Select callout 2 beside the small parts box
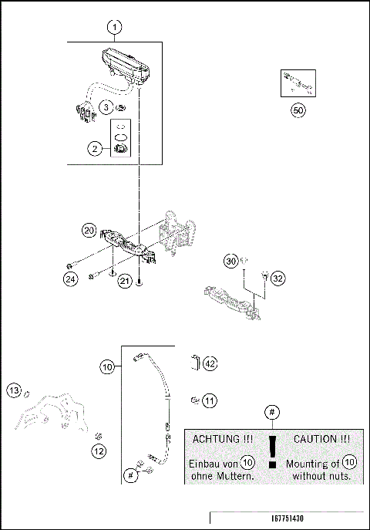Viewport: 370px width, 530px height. (x=96, y=149)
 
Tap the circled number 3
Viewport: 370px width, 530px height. (x=107, y=106)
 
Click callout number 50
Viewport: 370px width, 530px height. (x=298, y=110)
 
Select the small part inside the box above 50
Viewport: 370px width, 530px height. (x=298, y=81)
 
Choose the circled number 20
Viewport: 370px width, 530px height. (x=89, y=231)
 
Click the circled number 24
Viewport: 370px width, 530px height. (x=71, y=279)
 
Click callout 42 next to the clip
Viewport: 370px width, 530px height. (x=210, y=363)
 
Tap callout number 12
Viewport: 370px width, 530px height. (x=99, y=451)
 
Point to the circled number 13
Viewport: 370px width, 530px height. (x=14, y=391)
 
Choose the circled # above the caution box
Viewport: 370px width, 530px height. (x=271, y=414)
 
